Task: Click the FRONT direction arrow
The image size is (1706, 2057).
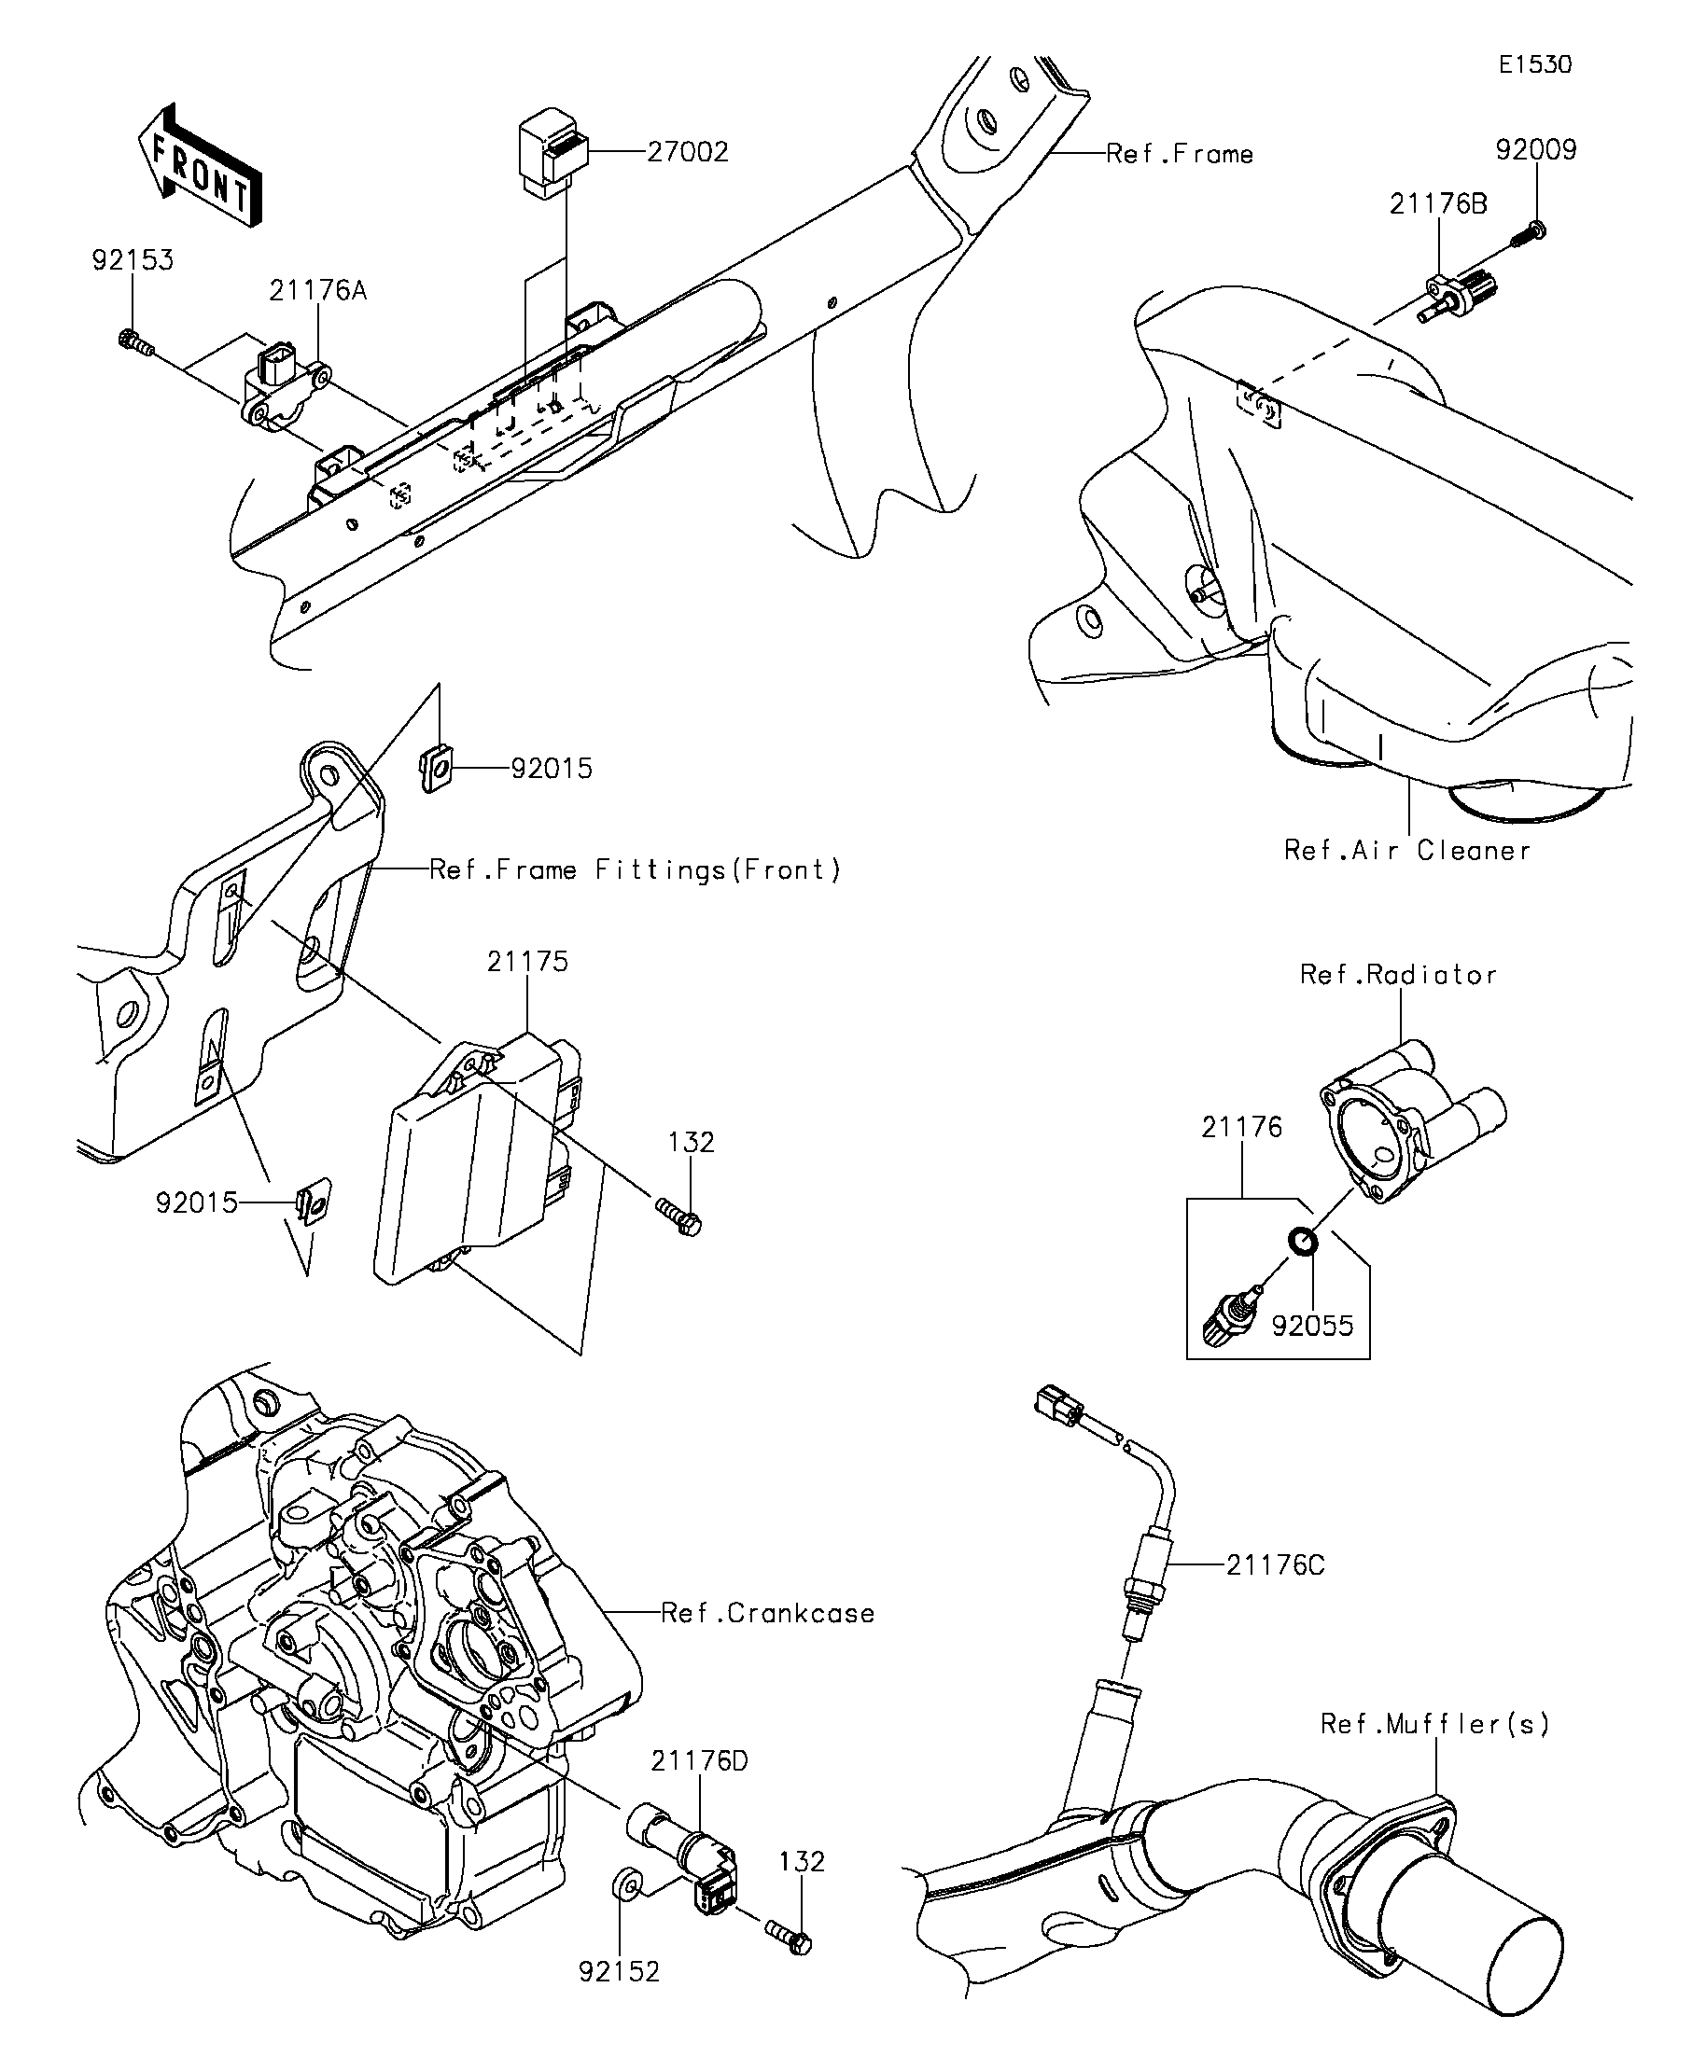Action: pos(199,166)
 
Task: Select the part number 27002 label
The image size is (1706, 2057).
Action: pos(688,152)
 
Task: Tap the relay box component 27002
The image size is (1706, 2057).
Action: pos(552,154)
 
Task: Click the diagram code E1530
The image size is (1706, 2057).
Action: pos(1535,64)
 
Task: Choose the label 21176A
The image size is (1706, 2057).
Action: pos(318,290)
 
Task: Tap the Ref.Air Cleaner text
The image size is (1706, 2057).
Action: pos(1407,849)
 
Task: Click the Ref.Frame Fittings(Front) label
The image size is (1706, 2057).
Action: pos(636,869)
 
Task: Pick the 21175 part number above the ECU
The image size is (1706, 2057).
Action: pos(527,961)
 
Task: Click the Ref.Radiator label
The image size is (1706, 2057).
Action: pos(1398,974)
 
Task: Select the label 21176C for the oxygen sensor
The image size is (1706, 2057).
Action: pos(1275,1565)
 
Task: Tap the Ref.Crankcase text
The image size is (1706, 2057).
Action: pos(767,1612)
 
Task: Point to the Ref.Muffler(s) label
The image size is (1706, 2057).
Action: pos(1435,1723)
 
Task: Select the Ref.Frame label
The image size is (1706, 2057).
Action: pos(1180,154)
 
